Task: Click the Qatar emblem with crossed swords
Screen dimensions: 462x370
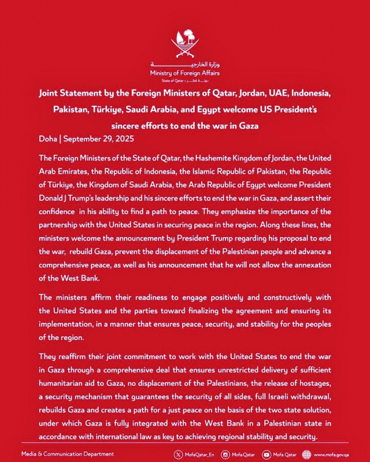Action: [x=184, y=46]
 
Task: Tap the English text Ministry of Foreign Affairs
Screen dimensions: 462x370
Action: [x=184, y=73]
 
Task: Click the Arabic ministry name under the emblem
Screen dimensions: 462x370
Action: [x=184, y=65]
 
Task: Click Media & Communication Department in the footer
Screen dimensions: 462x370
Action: [x=67, y=454]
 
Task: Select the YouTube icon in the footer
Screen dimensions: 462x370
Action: [x=267, y=454]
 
